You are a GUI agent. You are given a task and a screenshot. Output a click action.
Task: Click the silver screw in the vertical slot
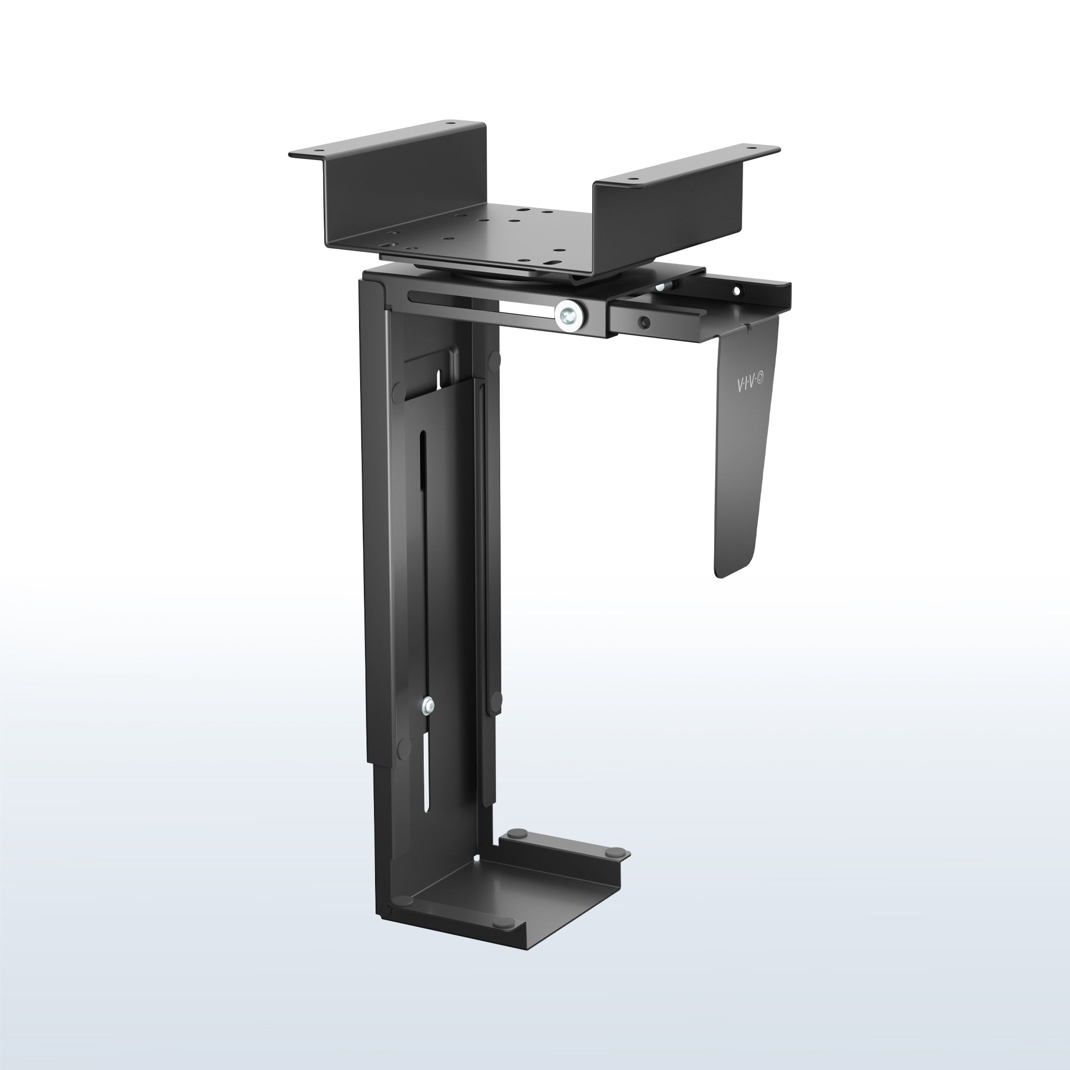pos(427,706)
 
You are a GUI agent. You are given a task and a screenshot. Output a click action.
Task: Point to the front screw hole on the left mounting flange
pos(320,150)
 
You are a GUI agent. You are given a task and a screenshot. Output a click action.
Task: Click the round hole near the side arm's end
pos(737,289)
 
